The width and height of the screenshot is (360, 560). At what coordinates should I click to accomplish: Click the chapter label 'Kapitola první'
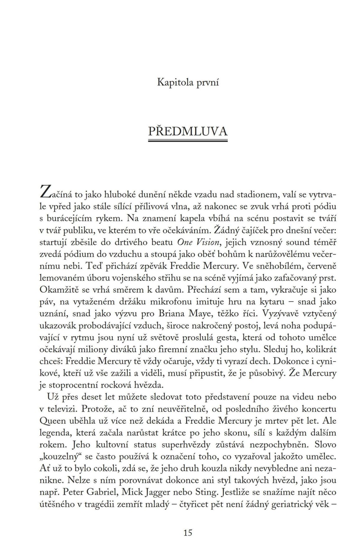click(x=188, y=82)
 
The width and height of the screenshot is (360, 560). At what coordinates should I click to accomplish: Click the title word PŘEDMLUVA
click(x=188, y=131)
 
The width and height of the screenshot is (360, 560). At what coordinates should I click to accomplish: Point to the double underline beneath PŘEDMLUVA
click(x=188, y=141)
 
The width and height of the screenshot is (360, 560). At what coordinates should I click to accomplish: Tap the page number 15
click(x=188, y=532)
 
